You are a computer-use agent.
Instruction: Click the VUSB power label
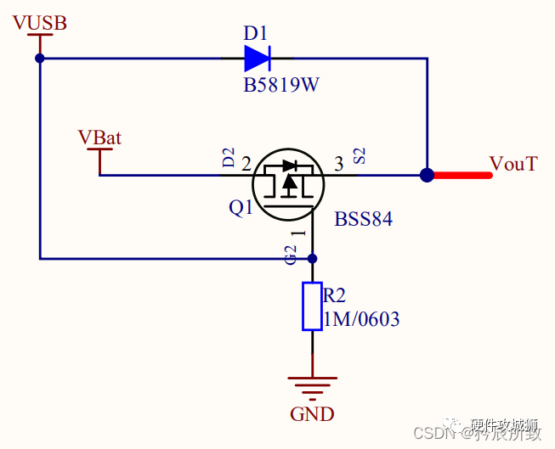click(39, 23)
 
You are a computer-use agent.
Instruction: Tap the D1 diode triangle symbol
click(257, 58)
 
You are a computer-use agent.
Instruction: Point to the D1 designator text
click(255, 33)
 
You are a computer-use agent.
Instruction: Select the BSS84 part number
click(363, 219)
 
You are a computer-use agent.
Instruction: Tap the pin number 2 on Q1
click(246, 164)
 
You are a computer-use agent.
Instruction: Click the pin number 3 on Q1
click(338, 164)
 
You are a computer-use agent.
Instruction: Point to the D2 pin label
click(228, 157)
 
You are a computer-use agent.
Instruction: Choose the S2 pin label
click(360, 156)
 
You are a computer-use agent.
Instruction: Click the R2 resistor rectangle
click(312, 306)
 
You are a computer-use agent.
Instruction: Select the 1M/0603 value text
click(361, 320)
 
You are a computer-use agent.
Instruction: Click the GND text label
click(312, 414)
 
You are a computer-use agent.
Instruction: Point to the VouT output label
click(513, 164)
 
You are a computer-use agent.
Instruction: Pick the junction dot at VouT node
click(428, 176)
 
